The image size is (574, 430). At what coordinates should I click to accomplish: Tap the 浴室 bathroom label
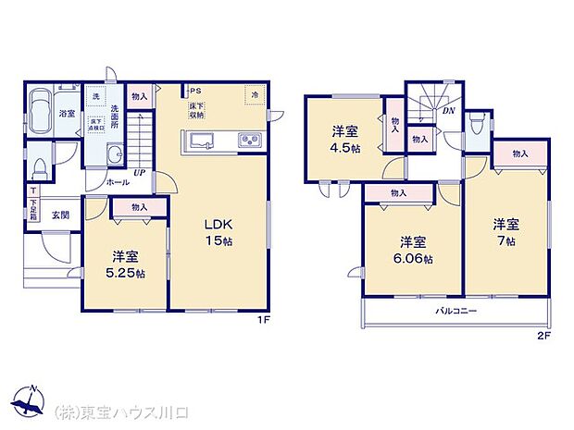67,114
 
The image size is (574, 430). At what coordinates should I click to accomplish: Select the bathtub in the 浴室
42,114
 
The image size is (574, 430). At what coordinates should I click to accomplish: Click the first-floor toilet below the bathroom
39,168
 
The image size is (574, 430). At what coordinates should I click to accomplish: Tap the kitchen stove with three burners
251,141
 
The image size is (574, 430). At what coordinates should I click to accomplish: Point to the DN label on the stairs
448,111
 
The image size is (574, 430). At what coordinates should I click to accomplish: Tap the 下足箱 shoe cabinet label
32,207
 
